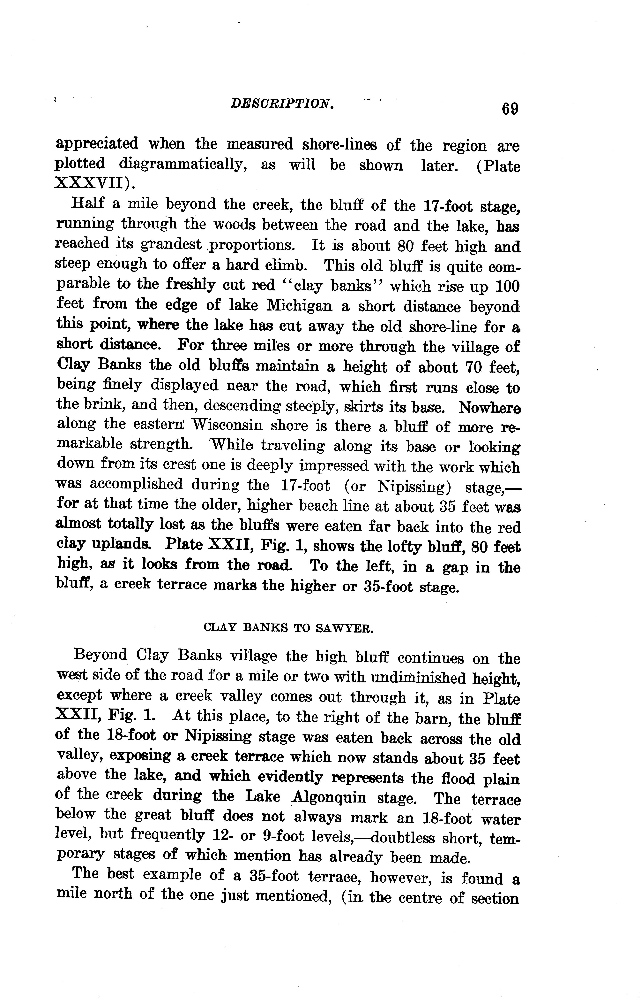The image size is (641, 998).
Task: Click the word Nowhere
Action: click(489, 407)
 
